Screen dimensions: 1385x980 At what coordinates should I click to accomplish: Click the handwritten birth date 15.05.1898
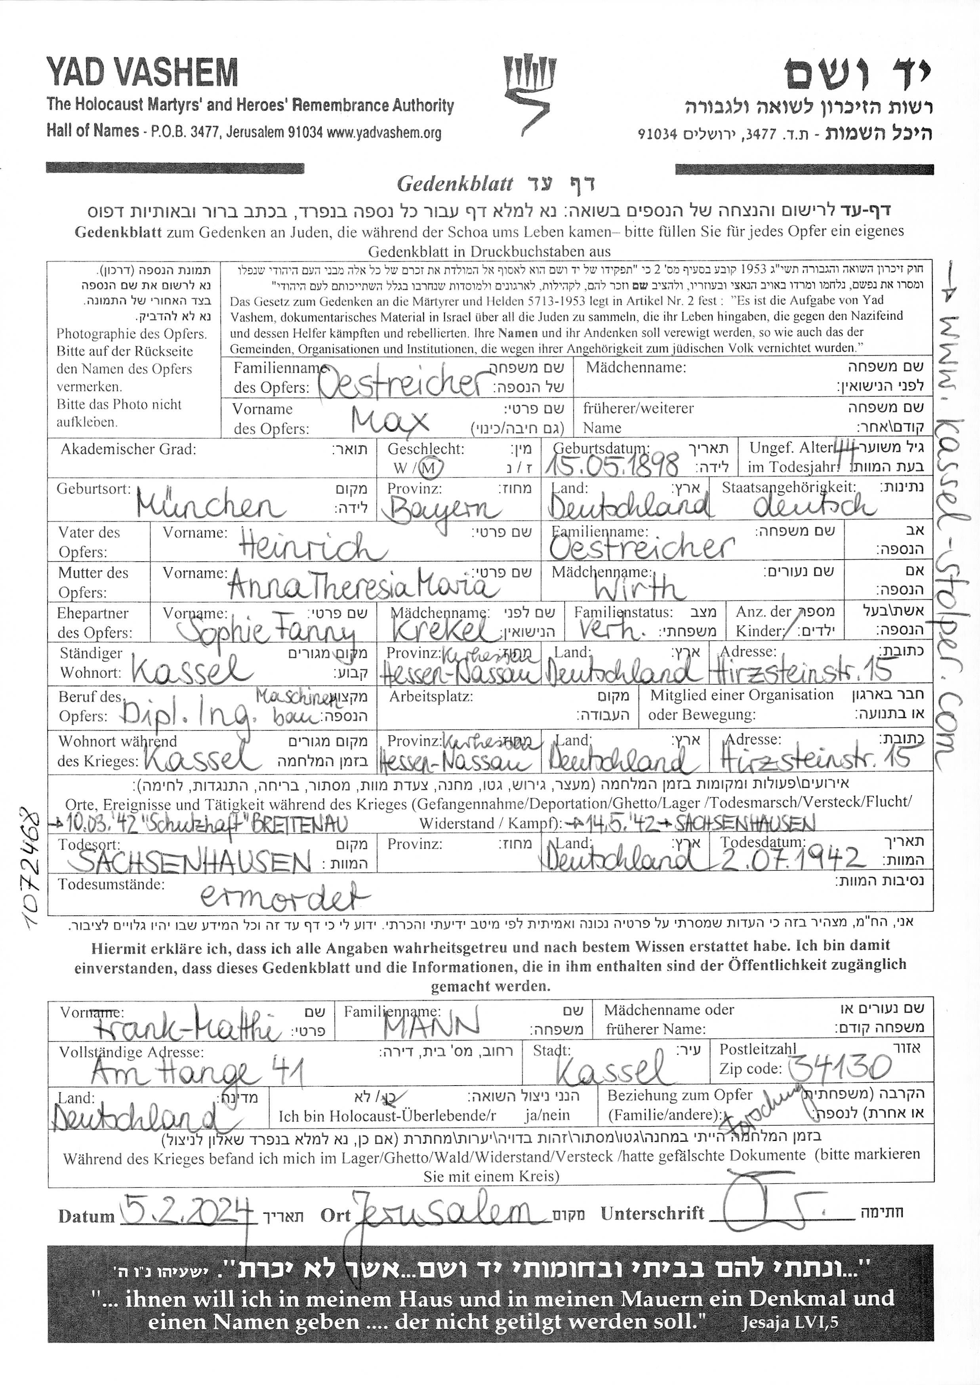pyautogui.click(x=611, y=466)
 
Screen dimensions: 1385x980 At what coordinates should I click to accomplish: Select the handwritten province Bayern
pyautogui.click(x=444, y=510)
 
